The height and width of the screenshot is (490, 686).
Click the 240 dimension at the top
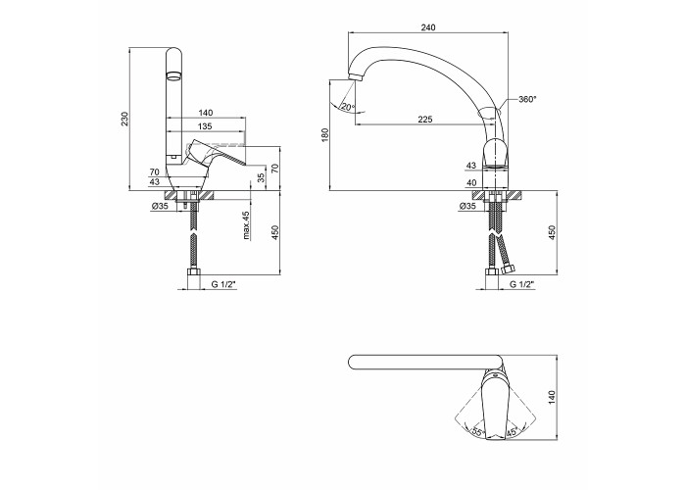(428, 27)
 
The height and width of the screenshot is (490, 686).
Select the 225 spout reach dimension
(424, 119)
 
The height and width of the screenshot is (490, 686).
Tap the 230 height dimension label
(124, 120)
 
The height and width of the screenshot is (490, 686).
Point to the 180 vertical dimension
(324, 135)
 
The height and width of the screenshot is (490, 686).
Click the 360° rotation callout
(527, 99)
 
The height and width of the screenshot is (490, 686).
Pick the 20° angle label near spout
(348, 107)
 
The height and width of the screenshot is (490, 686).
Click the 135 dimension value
(205, 126)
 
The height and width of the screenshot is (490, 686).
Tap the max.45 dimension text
(246, 225)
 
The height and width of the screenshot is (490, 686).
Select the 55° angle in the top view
(478, 433)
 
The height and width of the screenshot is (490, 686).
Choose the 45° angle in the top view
(512, 433)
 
